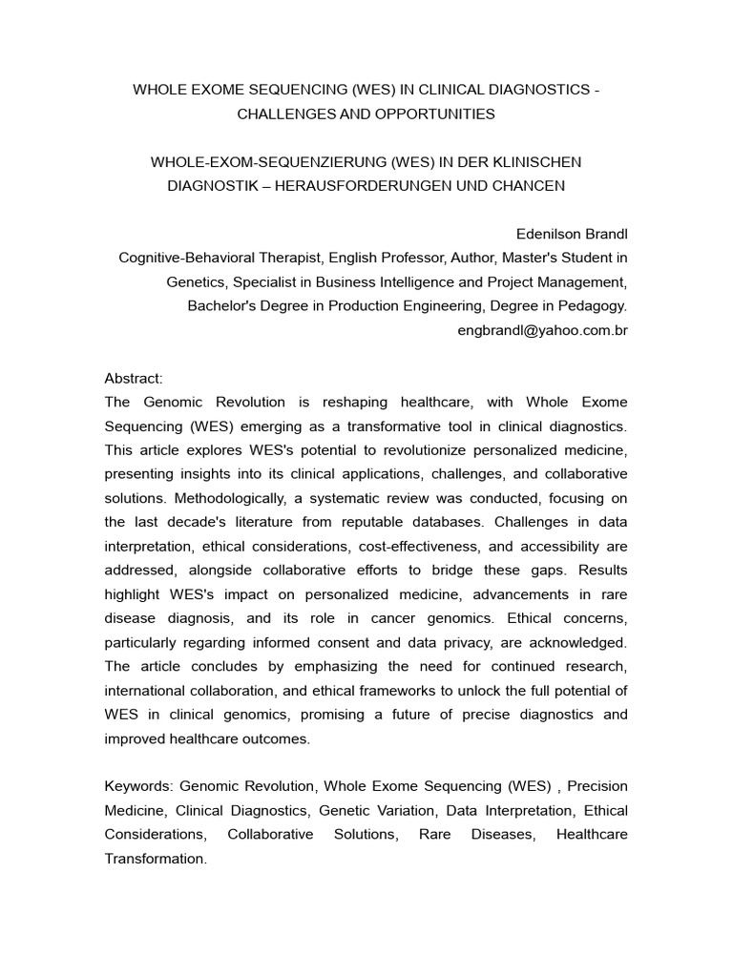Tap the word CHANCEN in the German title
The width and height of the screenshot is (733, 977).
(528, 185)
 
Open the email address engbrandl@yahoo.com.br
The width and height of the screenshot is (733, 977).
(543, 330)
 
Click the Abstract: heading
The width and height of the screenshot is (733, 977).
(135, 378)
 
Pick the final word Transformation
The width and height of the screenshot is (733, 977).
(155, 859)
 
